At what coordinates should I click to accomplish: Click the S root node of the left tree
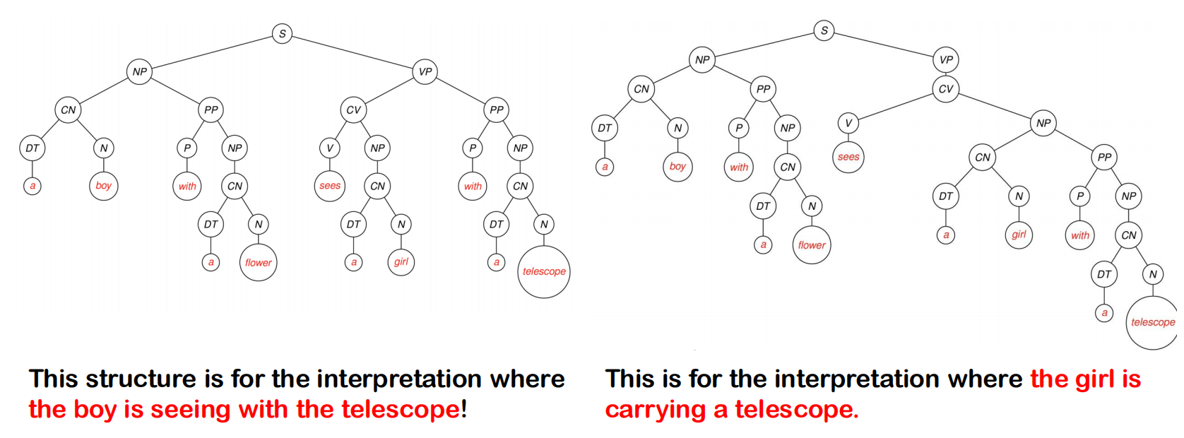click(x=282, y=33)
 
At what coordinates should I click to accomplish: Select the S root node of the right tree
click(x=824, y=30)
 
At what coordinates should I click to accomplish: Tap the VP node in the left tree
click(x=425, y=71)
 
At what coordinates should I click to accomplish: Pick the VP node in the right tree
click(x=946, y=60)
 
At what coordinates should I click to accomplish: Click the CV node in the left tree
click(x=353, y=109)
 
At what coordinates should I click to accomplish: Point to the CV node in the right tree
click(x=946, y=89)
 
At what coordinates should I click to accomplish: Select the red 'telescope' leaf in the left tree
click(x=544, y=271)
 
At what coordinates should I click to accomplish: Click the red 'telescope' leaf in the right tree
click(x=1152, y=322)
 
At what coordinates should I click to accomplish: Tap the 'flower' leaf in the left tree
click(x=258, y=263)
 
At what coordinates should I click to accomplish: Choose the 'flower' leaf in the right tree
click(x=812, y=245)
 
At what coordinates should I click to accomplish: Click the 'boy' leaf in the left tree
click(x=103, y=186)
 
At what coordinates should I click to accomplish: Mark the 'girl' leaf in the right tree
click(x=1019, y=235)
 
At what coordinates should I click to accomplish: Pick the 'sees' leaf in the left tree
click(x=330, y=186)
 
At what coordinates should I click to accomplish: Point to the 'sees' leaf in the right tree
click(x=848, y=157)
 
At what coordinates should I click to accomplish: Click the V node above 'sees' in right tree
click(x=848, y=123)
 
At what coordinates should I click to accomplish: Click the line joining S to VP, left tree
click(x=353, y=52)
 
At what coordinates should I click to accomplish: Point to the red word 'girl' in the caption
click(x=1092, y=379)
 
